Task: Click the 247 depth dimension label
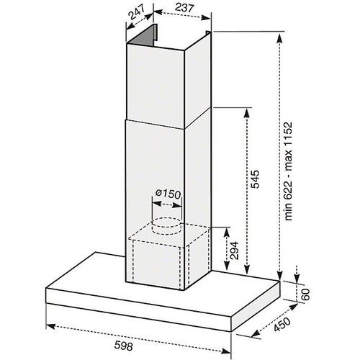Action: coord(138,12)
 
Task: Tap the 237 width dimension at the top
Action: coord(184,8)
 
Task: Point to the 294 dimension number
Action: coord(233,251)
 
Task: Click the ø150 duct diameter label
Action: coord(168,194)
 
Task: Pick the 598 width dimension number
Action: coord(123,346)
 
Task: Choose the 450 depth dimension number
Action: coord(282,324)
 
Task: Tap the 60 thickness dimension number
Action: coord(305,294)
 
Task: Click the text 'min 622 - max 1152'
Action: coord(288,171)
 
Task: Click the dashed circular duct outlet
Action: coord(167,226)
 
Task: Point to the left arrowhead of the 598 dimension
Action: coord(50,325)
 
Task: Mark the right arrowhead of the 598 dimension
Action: coord(226,351)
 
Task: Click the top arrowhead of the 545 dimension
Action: coord(247,112)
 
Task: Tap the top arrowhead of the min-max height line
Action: coord(280,37)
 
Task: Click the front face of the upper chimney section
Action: coord(155,86)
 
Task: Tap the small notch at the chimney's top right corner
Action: coord(208,33)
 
